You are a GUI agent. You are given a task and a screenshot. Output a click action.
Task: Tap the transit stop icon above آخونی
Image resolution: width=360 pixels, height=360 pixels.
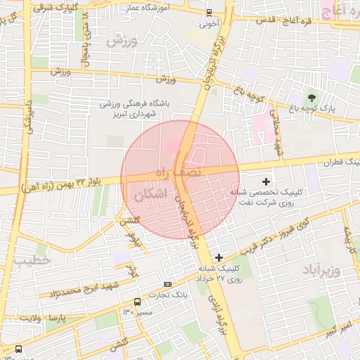coord(209,12)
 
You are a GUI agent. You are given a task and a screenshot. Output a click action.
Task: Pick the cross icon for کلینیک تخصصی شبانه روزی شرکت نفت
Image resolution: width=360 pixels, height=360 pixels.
coord(266,182)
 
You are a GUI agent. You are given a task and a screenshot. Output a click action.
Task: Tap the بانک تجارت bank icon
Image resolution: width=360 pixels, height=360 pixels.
coord(167,284)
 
